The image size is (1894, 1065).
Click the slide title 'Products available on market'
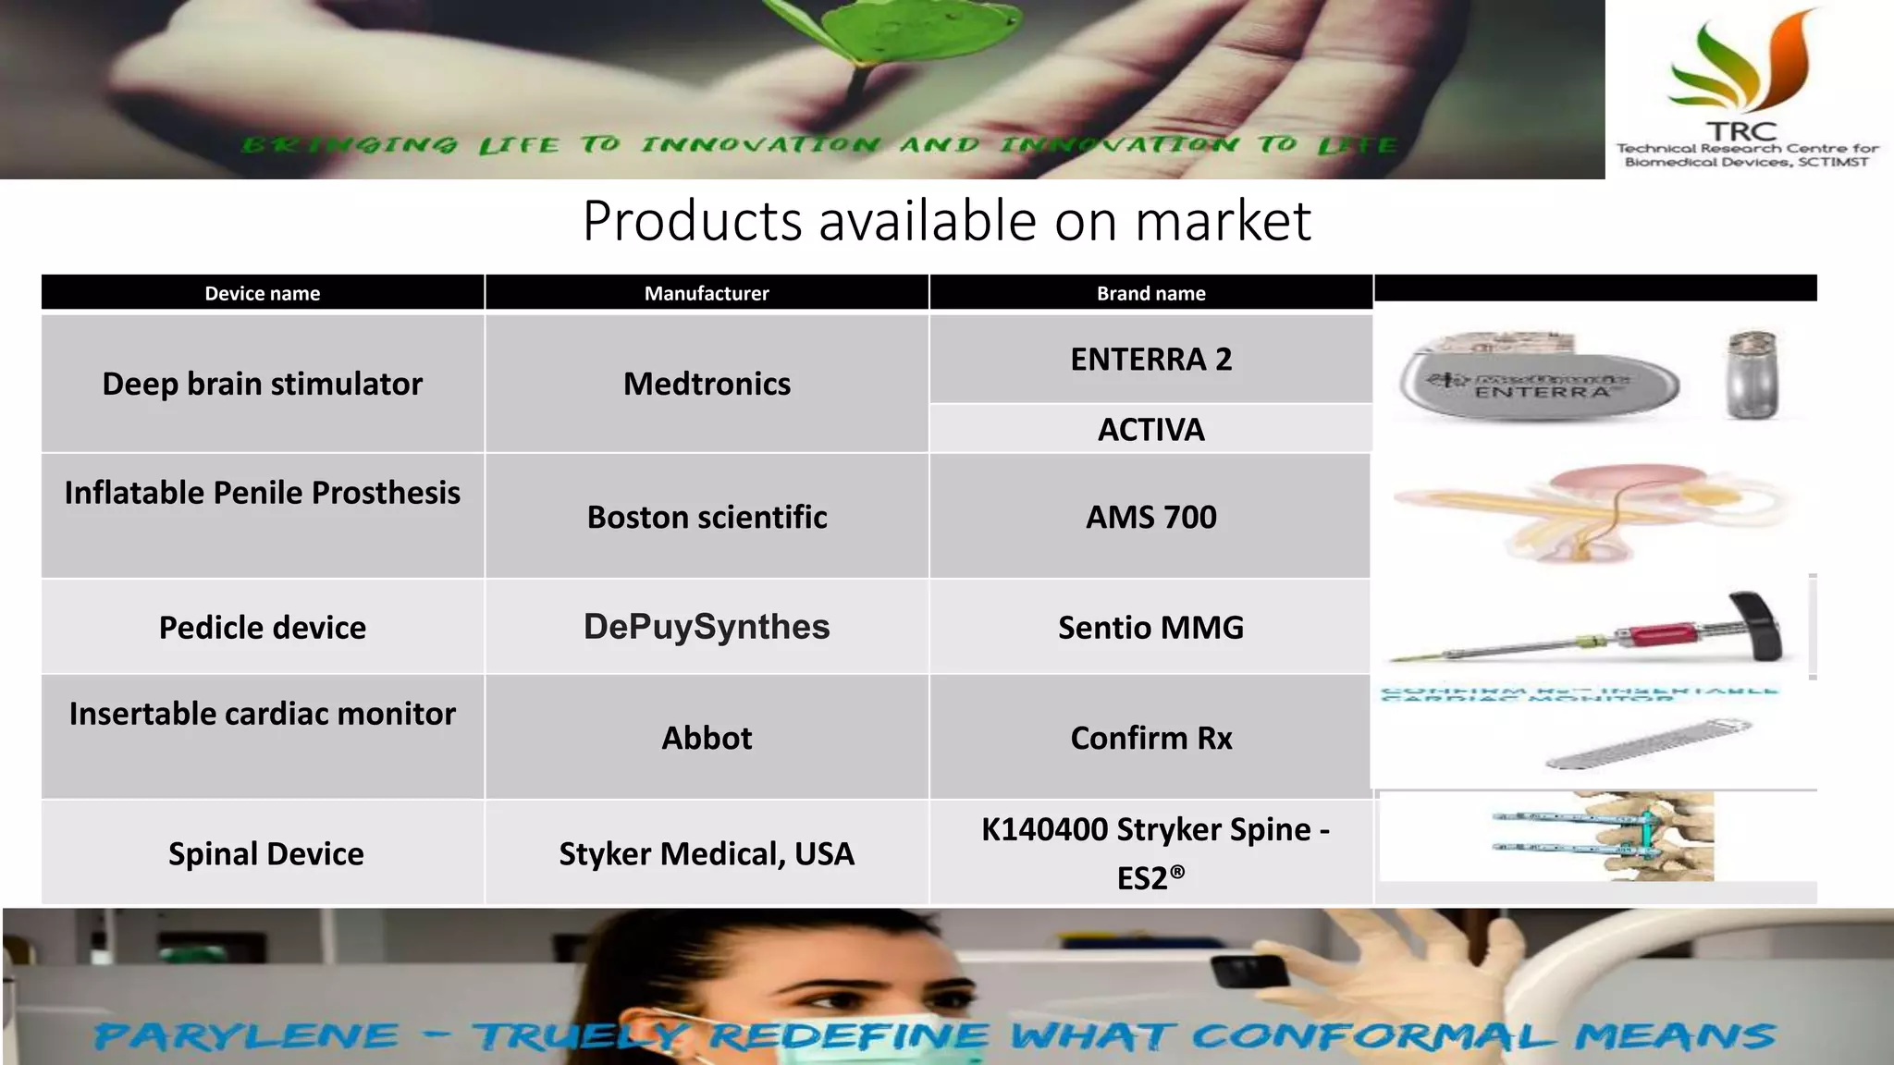click(x=946, y=222)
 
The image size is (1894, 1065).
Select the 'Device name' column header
click(x=263, y=293)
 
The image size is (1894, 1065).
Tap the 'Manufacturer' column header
click(x=707, y=293)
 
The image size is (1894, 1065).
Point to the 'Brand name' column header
click(x=1150, y=293)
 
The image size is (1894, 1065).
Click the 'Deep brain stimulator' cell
click(x=263, y=384)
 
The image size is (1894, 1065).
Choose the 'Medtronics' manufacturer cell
click(x=707, y=384)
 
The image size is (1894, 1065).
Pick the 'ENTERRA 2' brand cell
click(x=1150, y=359)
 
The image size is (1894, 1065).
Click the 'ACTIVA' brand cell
click(x=1150, y=429)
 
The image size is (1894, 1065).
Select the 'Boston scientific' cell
click(x=707, y=517)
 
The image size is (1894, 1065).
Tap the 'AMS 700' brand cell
click(x=1150, y=517)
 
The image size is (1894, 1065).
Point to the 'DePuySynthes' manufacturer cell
click(x=707, y=627)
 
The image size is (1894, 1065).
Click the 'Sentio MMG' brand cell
click(x=1150, y=628)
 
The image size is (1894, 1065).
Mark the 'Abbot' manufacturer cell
click(x=707, y=738)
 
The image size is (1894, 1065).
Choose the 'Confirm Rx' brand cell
click(x=1150, y=738)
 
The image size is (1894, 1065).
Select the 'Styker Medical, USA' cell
click(x=707, y=853)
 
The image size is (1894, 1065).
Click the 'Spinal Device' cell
click(x=265, y=853)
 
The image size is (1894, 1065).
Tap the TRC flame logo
click(x=1743, y=65)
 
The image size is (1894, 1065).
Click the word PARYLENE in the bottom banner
click(x=246, y=1036)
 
